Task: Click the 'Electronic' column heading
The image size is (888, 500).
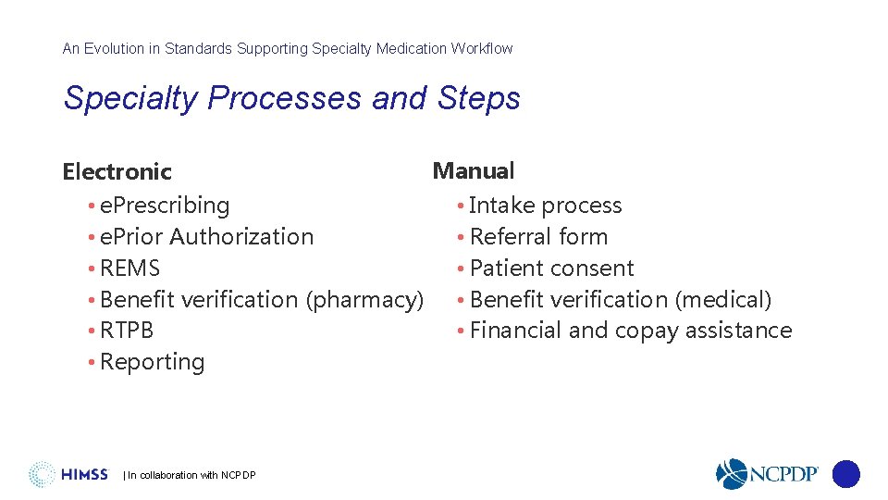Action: pyautogui.click(x=117, y=172)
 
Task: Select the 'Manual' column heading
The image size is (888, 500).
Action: pyautogui.click(x=474, y=171)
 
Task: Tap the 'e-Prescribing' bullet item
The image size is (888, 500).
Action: pyautogui.click(x=164, y=206)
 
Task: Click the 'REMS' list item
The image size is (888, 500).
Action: pyautogui.click(x=129, y=269)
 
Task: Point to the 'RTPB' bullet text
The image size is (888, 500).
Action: pyautogui.click(x=127, y=331)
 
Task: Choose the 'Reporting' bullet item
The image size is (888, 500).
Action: pyautogui.click(x=152, y=362)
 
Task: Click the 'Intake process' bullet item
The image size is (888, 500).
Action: pyautogui.click(x=545, y=206)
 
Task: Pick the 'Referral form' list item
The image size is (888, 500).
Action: pyautogui.click(x=538, y=237)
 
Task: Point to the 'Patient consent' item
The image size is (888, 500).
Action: pyautogui.click(x=551, y=269)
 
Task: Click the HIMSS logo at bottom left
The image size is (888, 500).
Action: pyautogui.click(x=69, y=474)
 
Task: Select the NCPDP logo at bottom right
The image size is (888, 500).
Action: pyautogui.click(x=768, y=474)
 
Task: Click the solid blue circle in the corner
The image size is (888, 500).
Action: pyautogui.click(x=846, y=474)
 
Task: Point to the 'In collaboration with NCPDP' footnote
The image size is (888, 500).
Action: pyautogui.click(x=190, y=476)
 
